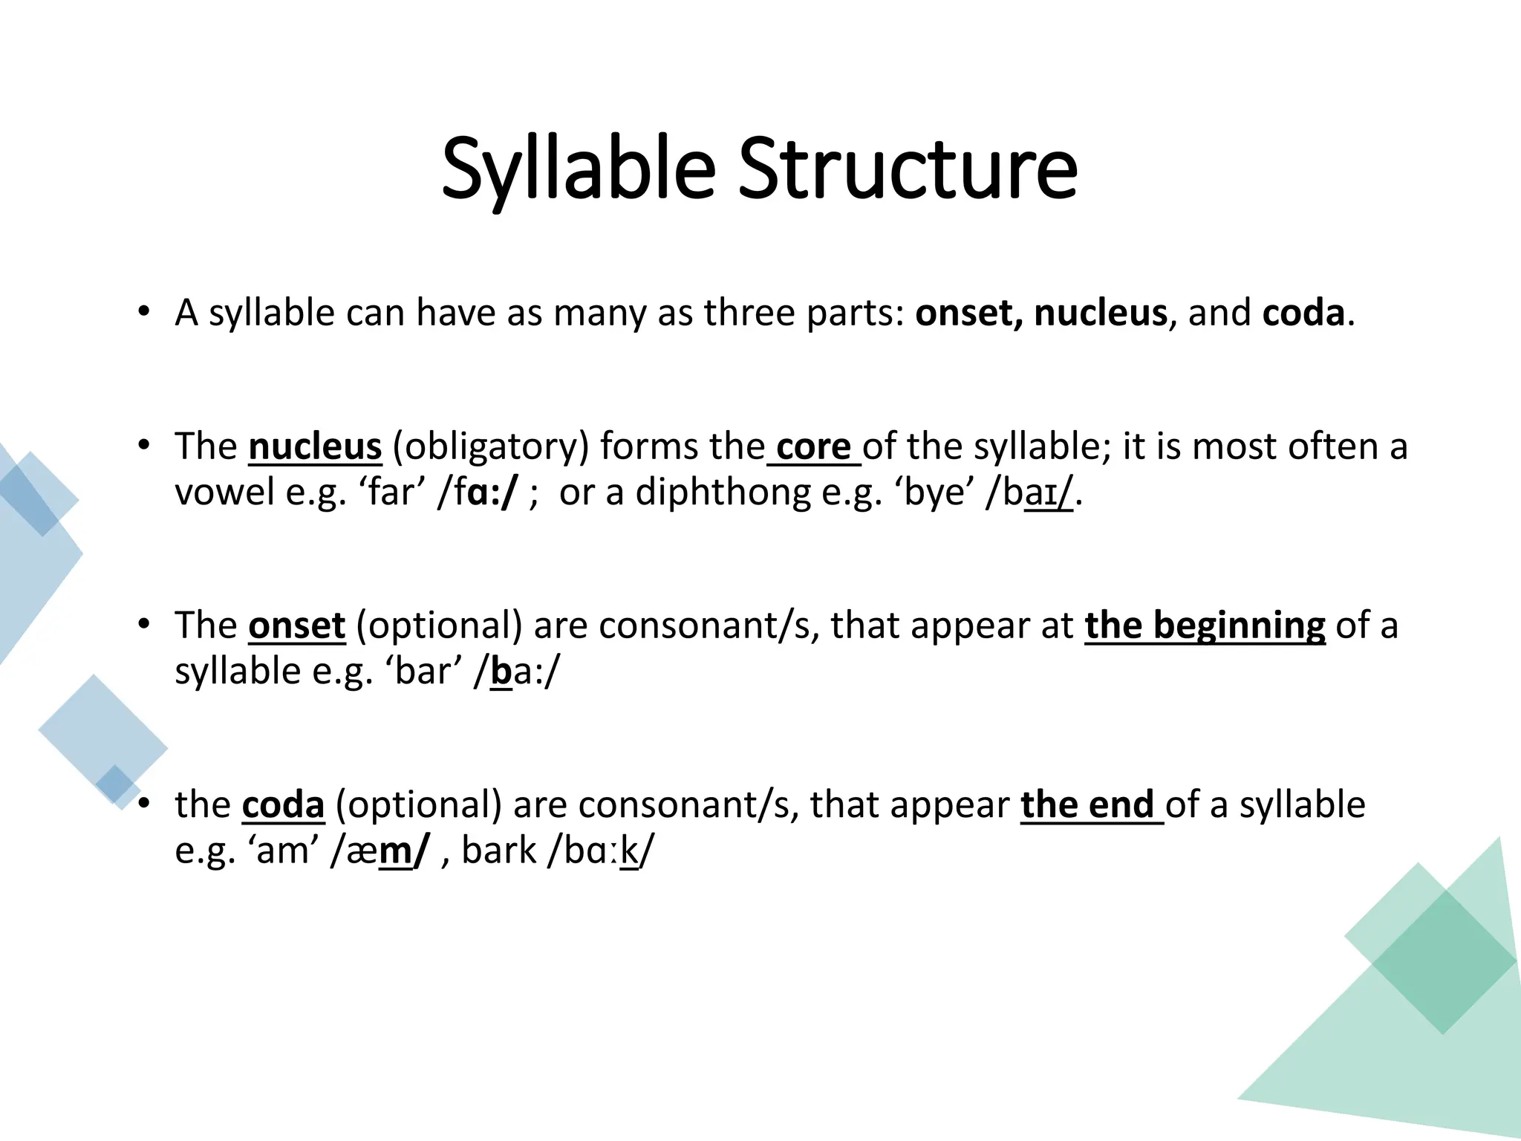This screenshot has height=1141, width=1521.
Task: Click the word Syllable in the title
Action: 578,169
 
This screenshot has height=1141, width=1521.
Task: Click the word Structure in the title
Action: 907,169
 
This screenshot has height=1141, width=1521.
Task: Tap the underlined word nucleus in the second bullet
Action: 315,446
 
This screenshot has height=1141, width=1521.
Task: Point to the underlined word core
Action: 813,446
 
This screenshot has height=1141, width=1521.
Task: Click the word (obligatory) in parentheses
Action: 490,446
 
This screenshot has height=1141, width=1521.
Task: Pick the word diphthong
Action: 723,492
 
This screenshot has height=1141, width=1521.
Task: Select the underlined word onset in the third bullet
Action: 296,625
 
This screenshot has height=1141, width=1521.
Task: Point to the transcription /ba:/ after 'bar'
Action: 517,672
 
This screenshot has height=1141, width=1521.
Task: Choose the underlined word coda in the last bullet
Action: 283,804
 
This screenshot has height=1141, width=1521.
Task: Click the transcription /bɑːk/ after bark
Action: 601,851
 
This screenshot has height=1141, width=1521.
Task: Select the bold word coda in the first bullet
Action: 1303,313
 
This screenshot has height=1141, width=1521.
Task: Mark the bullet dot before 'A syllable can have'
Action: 144,311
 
